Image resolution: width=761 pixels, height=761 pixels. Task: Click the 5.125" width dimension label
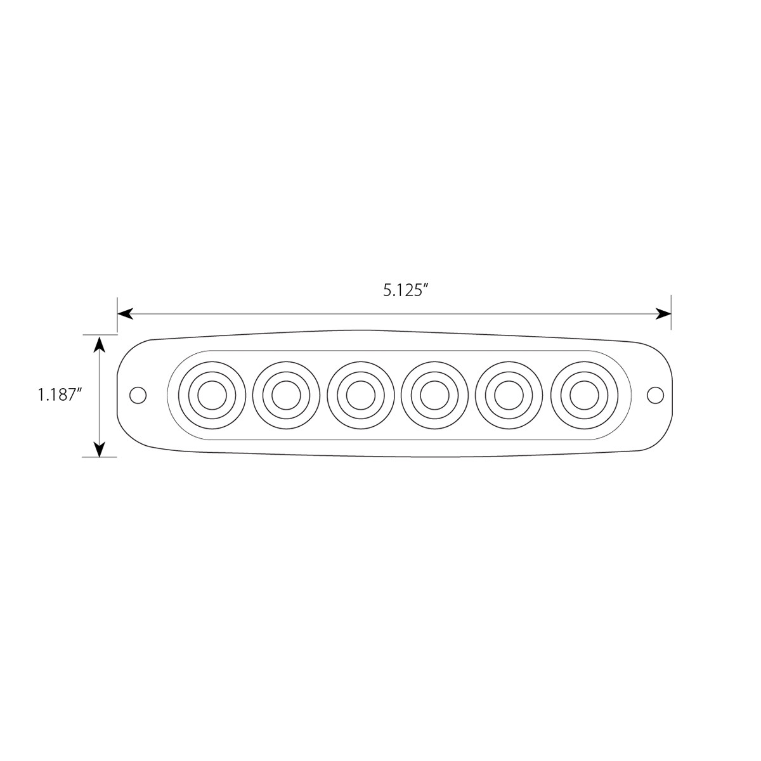click(407, 291)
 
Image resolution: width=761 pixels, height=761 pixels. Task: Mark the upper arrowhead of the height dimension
click(99, 342)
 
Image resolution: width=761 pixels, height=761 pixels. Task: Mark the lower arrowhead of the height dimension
click(99, 449)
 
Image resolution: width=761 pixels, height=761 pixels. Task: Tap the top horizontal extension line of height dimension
click(100, 334)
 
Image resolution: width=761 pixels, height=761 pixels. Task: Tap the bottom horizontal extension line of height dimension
click(100, 457)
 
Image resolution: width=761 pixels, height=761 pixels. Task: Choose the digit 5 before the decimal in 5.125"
click(387, 291)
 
